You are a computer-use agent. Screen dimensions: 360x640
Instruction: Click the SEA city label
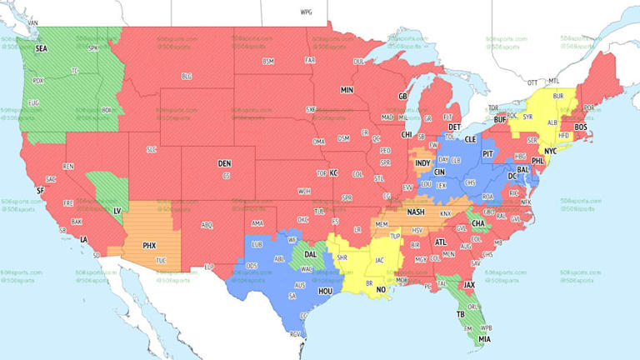tap(41, 49)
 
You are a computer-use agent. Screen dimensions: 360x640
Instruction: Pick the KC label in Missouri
tap(334, 173)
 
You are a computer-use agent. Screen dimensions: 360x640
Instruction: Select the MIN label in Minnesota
tap(347, 89)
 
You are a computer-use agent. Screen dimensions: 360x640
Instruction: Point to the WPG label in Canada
tap(306, 13)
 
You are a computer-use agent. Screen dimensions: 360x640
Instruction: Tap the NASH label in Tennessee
tap(417, 212)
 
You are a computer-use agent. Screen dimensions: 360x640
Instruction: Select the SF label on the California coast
tap(39, 190)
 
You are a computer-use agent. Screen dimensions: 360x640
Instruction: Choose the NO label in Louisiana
tap(380, 290)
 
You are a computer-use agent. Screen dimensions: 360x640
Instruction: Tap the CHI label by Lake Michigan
tap(407, 134)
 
